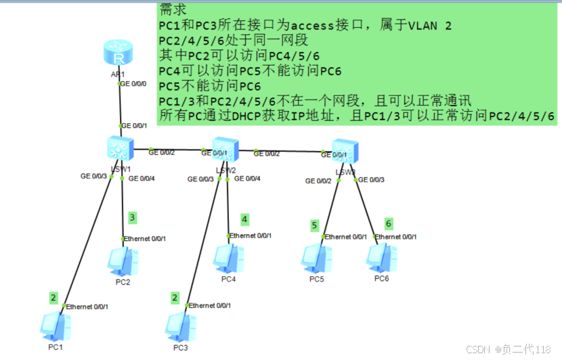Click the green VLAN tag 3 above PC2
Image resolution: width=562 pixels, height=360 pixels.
[133, 217]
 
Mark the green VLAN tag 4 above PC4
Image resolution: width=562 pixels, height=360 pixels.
[244, 219]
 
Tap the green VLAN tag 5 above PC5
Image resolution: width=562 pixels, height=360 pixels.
[314, 225]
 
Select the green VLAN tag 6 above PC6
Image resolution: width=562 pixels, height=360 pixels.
[388, 223]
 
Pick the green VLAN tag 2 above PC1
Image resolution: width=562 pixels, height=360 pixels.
[53, 297]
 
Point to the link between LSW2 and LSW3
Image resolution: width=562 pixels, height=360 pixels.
[284, 150]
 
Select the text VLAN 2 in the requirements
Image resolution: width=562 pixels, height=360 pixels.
[429, 26]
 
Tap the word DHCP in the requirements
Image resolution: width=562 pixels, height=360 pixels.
[251, 116]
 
